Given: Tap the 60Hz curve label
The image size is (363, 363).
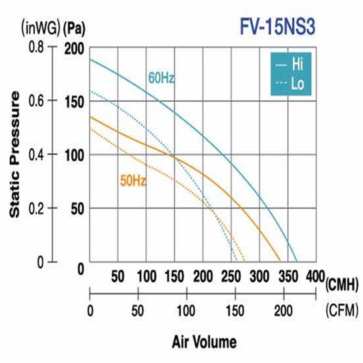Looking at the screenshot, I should (161, 79).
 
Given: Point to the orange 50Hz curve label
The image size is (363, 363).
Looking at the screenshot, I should (133, 181).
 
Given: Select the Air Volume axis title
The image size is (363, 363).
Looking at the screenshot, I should (204, 342).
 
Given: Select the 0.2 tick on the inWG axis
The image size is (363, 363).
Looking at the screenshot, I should (36, 208).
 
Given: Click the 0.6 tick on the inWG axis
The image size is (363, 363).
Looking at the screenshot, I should (36, 100).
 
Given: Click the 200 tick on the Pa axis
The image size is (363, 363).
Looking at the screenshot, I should (74, 48).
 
